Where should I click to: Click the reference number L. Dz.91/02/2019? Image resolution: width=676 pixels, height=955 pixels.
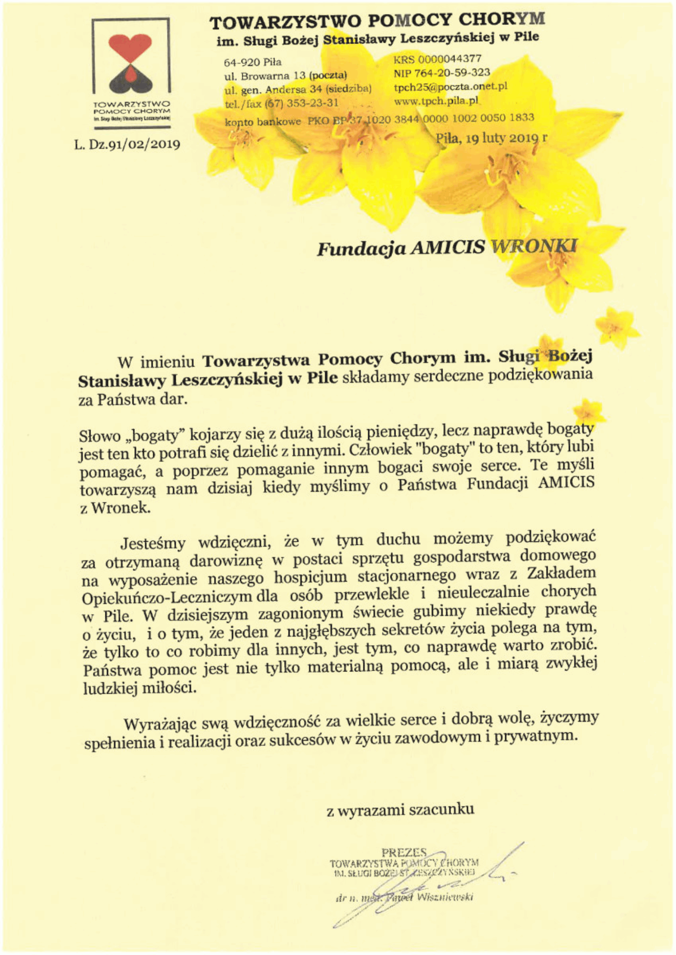[127, 145]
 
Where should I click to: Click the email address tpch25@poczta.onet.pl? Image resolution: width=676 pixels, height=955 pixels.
[451, 87]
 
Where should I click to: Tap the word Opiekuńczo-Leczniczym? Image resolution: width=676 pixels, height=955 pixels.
[166, 597]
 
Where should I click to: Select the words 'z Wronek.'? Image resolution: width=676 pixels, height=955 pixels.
[115, 508]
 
